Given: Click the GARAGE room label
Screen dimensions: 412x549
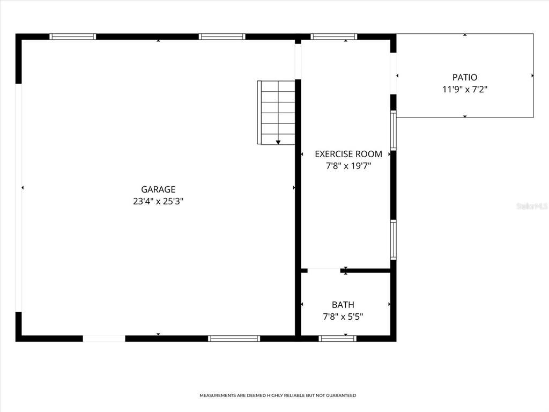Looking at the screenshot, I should (x=158, y=189).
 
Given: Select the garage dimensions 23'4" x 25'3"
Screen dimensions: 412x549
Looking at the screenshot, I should (x=158, y=202).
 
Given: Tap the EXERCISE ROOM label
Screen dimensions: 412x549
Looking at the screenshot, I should (x=348, y=154).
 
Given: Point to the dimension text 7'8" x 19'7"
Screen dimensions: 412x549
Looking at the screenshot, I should (x=348, y=166).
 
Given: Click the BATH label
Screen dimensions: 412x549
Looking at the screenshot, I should (x=343, y=305).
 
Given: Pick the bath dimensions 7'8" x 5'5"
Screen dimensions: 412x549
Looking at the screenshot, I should (x=343, y=317).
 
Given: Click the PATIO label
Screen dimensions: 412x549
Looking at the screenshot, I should (x=464, y=78).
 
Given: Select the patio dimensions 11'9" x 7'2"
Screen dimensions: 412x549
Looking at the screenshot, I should (x=464, y=90).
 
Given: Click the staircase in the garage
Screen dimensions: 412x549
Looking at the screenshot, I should (x=277, y=112).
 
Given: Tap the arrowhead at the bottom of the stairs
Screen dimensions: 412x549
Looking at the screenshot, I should (x=278, y=142).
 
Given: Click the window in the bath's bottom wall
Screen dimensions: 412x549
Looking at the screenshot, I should (x=337, y=339).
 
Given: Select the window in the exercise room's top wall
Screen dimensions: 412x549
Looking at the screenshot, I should (x=333, y=37).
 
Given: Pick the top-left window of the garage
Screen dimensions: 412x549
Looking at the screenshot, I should (x=73, y=37).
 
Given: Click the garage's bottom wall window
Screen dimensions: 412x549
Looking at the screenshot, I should (x=234, y=339).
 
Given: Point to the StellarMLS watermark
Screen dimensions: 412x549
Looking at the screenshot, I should (x=531, y=205).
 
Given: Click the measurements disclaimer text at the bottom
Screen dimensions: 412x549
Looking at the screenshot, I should (x=278, y=395).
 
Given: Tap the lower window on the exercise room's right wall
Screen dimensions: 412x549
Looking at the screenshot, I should (x=394, y=240).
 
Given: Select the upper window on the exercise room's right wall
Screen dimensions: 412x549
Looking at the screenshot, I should (x=394, y=130).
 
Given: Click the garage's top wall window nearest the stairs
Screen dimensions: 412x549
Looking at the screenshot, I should (x=222, y=37).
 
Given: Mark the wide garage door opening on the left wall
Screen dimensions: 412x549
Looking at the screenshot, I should (x=19, y=197).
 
